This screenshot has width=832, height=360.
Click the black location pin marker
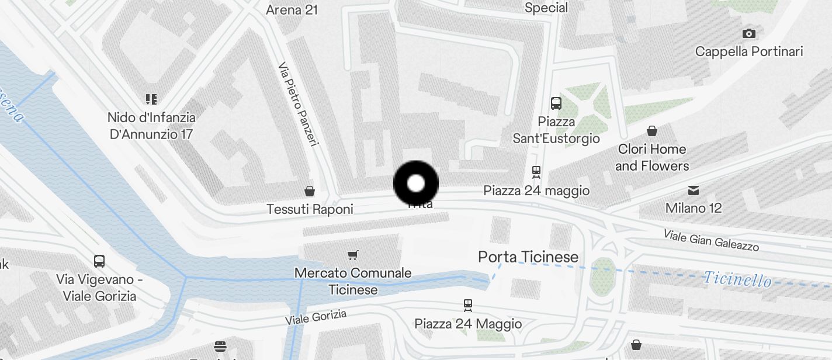point(415,184)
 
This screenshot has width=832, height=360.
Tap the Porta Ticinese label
point(528,257)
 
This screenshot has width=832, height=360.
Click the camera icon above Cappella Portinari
point(748,33)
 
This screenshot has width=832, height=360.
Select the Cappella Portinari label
point(749,51)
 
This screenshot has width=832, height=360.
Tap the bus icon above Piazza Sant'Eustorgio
point(556,104)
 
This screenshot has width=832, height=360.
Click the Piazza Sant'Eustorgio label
point(556,130)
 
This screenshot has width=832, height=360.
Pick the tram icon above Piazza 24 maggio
point(536,172)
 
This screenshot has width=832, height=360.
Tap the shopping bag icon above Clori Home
point(652,131)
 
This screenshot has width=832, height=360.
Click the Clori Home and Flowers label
point(652,157)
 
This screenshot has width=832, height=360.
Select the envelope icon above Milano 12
point(694,190)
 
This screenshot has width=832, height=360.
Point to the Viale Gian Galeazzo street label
point(711,240)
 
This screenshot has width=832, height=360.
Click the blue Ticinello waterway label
point(737,279)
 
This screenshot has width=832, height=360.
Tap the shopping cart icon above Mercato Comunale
point(352,255)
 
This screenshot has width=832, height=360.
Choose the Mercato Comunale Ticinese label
point(353,281)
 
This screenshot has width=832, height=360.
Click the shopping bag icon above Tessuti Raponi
point(310,191)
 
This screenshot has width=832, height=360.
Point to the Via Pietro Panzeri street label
point(298,104)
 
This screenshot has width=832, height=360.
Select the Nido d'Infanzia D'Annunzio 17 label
point(152,126)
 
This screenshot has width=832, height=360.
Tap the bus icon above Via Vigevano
point(99,261)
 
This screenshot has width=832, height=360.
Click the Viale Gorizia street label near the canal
point(316,317)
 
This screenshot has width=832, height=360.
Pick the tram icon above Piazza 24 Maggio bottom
point(467,305)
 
